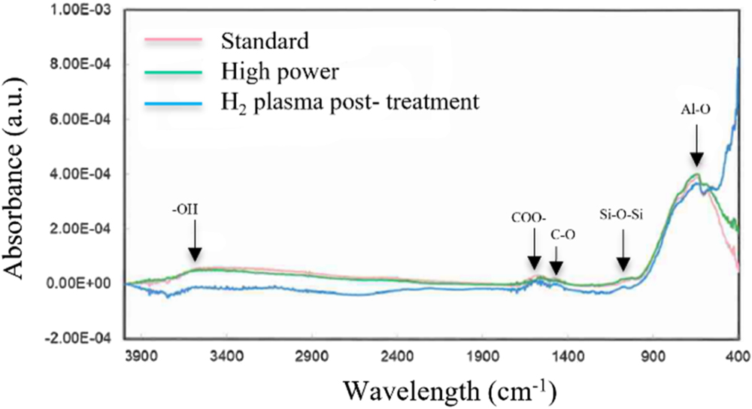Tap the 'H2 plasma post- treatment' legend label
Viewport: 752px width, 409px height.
350,101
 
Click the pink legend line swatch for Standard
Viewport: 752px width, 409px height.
175,40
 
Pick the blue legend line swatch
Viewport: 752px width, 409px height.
175,102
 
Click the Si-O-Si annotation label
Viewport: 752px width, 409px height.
622,214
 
